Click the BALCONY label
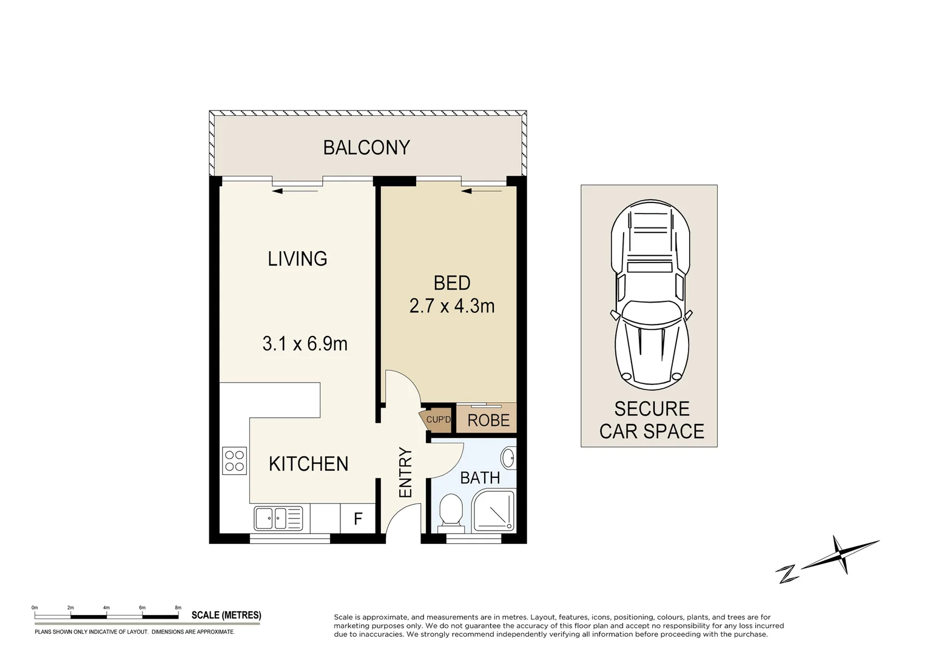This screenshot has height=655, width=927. tap(366, 147)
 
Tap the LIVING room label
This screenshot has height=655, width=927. tap(297, 258)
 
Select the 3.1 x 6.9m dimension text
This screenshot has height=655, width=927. tap(305, 344)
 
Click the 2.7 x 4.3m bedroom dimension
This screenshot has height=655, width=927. tap(452, 306)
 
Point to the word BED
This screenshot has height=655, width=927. tap(452, 283)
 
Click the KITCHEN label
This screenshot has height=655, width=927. tap(308, 464)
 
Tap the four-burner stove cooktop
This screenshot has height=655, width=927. tap(235, 460)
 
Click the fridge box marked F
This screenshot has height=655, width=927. tap(358, 519)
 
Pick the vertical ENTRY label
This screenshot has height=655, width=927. tap(405, 472)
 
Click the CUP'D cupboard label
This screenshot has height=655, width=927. tap(439, 420)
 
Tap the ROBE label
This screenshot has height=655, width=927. tap(488, 420)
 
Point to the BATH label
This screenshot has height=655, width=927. tap(480, 478)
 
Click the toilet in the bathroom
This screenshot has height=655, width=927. tap(450, 511)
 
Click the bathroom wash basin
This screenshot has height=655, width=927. tap(508, 458)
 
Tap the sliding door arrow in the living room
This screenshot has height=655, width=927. tap(295, 191)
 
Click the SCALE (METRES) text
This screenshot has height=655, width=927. tap(226, 615)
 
